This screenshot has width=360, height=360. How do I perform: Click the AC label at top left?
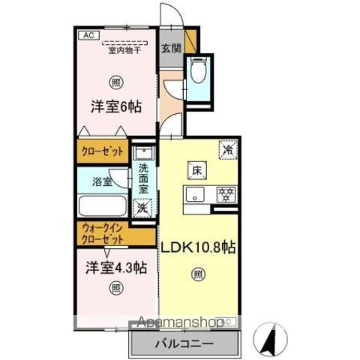click(86, 34)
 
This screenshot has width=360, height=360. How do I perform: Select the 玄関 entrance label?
click(170, 48)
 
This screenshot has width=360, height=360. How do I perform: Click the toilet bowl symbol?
click(197, 73)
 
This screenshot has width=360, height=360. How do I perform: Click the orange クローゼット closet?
click(103, 150)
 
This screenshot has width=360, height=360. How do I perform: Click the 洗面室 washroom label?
click(144, 180)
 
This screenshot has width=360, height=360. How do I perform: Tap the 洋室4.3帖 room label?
click(115, 268)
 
